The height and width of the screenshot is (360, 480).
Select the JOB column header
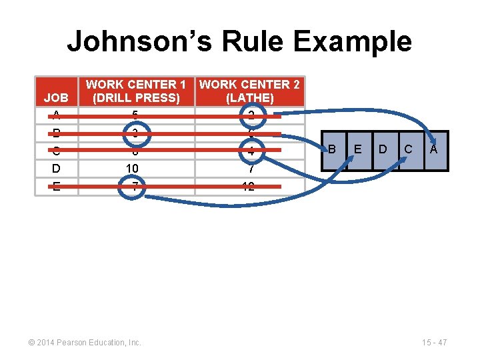pos(56,98)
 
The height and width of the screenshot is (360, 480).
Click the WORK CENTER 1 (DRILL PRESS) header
pos(135,91)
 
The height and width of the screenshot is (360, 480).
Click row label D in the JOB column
pos(56,169)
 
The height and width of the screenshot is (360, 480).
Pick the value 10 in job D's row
pos(135,169)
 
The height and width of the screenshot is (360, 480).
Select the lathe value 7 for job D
pos(249,169)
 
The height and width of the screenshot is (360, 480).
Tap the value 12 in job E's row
pos(249,187)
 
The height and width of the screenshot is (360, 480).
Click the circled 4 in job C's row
pos(250,152)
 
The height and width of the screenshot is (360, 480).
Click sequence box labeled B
pos(331,150)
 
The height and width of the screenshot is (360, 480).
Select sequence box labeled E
pos(359,150)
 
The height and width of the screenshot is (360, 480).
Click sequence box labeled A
pos(434,150)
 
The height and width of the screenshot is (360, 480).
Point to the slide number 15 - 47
pos(434,343)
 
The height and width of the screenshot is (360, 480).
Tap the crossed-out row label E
pos(56,187)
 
